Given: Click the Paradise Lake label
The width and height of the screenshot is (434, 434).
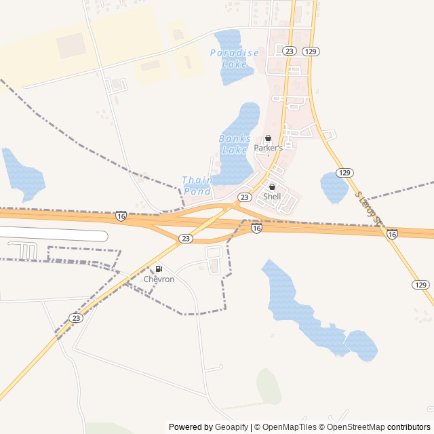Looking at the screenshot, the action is point(235,58).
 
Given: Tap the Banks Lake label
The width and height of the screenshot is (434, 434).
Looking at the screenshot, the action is point(235,144).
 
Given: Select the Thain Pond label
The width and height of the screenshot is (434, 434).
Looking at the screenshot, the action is point(197,186).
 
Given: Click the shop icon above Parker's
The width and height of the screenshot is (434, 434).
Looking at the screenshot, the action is point(268,138).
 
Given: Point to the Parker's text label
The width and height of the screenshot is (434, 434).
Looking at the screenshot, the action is point(268,148).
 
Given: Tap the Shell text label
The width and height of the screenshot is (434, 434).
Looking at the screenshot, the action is point(272,197).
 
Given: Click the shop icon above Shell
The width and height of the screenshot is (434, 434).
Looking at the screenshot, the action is point(272,187).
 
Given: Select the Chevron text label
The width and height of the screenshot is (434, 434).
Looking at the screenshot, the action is point(159,279).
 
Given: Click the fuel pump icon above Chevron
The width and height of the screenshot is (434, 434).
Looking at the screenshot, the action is point(159,269).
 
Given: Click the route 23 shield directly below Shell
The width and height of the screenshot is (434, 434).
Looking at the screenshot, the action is point(245,197).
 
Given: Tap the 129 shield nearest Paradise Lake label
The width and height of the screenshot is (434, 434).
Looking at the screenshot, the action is point(311,52).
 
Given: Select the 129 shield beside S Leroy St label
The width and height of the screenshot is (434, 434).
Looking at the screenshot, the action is point(344,173).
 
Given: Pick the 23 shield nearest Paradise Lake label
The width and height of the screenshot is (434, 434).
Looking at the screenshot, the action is point(290,52).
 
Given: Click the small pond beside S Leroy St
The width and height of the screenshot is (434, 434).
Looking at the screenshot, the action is point(334,188).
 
